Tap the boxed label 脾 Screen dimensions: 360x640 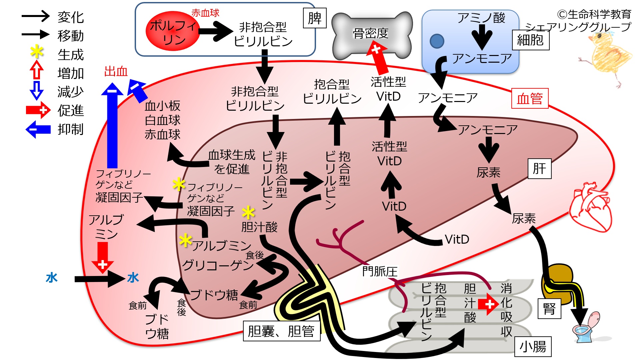[x=314, y=18]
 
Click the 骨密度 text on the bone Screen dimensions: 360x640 [x=371, y=33]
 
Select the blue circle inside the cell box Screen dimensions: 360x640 [x=437, y=41]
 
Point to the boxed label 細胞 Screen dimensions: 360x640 [x=530, y=40]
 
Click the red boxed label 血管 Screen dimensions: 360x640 [x=530, y=99]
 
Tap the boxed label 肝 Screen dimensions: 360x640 [x=539, y=169]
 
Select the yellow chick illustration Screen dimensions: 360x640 [x=607, y=57]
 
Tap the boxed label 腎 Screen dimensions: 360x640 [x=549, y=308]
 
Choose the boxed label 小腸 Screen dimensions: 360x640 [x=533, y=347]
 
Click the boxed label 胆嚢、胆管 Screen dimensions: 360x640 [x=281, y=331]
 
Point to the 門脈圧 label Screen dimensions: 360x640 [x=380, y=271]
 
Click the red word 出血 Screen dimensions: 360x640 [x=116, y=71]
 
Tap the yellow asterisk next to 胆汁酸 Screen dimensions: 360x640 [x=248, y=212]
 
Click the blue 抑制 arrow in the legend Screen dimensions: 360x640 [x=38, y=129]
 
